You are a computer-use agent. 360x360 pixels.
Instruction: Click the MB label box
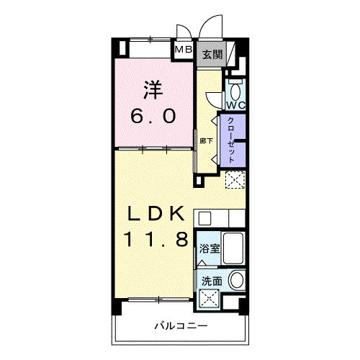click(183, 50)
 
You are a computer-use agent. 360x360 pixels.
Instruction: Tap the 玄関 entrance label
click(211, 54)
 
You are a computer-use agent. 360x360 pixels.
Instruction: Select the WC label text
click(238, 105)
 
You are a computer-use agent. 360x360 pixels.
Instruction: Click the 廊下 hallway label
click(206, 140)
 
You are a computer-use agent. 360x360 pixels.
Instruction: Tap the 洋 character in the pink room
click(152, 89)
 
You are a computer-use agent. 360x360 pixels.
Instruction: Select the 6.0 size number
click(152, 115)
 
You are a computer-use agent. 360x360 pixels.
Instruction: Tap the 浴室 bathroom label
click(210, 249)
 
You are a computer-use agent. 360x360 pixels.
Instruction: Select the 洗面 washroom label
click(212, 281)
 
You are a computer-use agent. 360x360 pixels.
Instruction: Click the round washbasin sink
click(237, 281)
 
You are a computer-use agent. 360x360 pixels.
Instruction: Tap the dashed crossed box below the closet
click(235, 181)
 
